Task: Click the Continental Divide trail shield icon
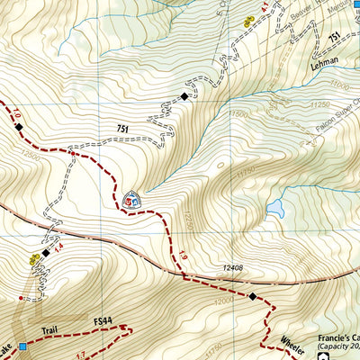[x=132, y=199]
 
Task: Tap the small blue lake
[x=274, y=209]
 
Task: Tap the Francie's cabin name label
[x=337, y=340]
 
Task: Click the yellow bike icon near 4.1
[x=248, y=20]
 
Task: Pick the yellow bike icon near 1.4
[x=34, y=260]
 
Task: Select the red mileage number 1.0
[x=15, y=114]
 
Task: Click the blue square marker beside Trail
[x=22, y=346]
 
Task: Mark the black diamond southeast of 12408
[x=254, y=296]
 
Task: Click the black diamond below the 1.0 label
[x=19, y=130]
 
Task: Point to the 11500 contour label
[x=239, y=114]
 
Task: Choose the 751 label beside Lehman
[x=336, y=38]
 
